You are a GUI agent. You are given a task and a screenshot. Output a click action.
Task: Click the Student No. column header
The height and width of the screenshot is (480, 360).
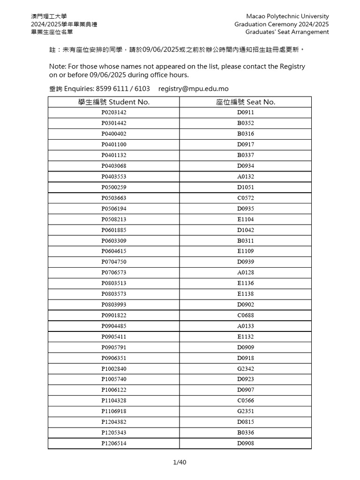coord(114,102)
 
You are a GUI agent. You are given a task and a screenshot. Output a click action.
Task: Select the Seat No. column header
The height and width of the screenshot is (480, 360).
coord(246,102)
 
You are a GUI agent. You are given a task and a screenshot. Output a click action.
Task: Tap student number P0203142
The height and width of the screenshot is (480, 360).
coord(114,112)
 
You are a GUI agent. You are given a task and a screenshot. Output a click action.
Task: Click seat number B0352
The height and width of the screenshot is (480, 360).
coord(246,123)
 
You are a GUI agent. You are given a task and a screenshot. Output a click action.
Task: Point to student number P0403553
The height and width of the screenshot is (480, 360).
coord(114,177)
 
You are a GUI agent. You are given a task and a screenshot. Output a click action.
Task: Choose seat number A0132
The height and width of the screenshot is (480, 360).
coord(246,177)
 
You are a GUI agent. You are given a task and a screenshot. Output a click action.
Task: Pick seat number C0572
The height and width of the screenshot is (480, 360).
coord(246,198)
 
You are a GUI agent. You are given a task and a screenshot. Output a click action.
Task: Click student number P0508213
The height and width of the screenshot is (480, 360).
coord(114,219)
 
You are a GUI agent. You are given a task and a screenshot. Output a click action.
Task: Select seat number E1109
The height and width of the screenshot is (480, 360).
coord(246,251)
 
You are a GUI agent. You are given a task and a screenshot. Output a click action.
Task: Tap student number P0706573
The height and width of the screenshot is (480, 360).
coord(114,273)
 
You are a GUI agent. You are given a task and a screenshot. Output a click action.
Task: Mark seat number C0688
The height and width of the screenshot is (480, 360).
coord(246,315)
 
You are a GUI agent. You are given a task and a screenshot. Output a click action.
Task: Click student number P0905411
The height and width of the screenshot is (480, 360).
coord(114,337)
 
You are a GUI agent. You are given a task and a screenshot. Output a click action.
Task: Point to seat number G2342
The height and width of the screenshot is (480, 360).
coord(246,369)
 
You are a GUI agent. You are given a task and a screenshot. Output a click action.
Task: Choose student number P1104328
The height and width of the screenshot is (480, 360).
coord(114,401)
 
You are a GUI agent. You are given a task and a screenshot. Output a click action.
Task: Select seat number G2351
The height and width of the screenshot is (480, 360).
coord(246,412)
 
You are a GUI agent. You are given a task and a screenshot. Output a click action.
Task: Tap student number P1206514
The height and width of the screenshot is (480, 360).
coord(114,443)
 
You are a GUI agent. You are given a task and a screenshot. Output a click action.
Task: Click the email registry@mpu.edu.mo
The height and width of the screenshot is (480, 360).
coord(194,89)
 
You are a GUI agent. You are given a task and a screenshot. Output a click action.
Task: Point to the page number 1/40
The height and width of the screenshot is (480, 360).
coord(180,463)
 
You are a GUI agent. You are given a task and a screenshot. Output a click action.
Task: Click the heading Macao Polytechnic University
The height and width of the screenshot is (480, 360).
coord(287,16)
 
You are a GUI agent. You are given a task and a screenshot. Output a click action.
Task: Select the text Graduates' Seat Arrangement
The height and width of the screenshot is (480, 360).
coord(287,32)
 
